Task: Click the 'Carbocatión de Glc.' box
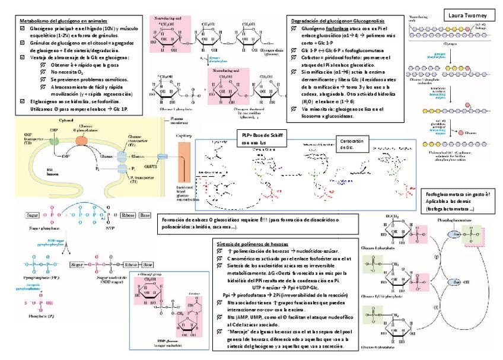tap(353, 144)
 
